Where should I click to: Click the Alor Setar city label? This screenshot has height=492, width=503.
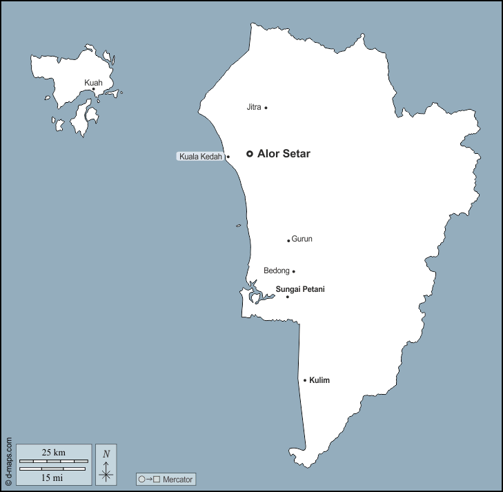(x=284, y=154)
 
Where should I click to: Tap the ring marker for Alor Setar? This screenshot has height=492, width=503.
(x=250, y=154)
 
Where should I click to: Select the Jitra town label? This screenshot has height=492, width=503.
(x=253, y=107)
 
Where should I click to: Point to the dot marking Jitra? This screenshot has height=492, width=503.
(x=266, y=108)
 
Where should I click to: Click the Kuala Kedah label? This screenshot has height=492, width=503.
(x=201, y=157)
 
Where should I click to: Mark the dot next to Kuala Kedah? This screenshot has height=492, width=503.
(x=228, y=157)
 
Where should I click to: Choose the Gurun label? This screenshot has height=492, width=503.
(x=302, y=239)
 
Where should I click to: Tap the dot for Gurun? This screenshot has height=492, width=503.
(x=288, y=241)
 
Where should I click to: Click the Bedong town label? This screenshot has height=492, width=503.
(x=276, y=270)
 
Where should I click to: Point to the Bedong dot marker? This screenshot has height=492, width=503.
(x=293, y=271)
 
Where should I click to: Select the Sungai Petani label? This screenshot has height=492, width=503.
(x=300, y=289)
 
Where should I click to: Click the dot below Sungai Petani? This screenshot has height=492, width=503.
(x=288, y=297)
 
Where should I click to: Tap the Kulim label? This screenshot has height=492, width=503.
(x=320, y=380)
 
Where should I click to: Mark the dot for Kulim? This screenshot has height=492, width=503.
(x=305, y=380)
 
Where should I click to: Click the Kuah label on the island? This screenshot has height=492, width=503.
(x=93, y=83)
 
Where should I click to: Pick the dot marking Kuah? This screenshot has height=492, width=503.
(x=94, y=89)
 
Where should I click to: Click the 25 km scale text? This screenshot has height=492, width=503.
(x=53, y=452)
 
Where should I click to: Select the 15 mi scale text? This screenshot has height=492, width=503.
(x=53, y=477)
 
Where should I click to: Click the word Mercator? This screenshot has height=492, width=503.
(x=177, y=479)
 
